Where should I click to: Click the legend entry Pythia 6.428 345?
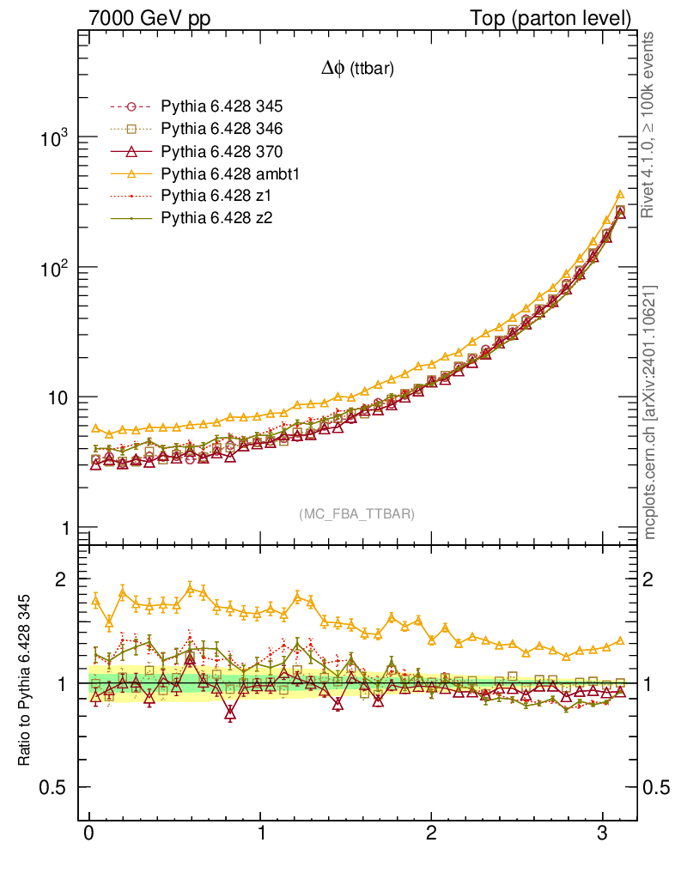pos(222,106)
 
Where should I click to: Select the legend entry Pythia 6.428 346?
pos(222,129)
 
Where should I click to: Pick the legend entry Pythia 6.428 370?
pos(222,151)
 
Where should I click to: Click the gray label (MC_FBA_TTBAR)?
pos(356,514)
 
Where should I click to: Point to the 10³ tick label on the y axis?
pos(53,138)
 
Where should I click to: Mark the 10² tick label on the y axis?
pos(53,268)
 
